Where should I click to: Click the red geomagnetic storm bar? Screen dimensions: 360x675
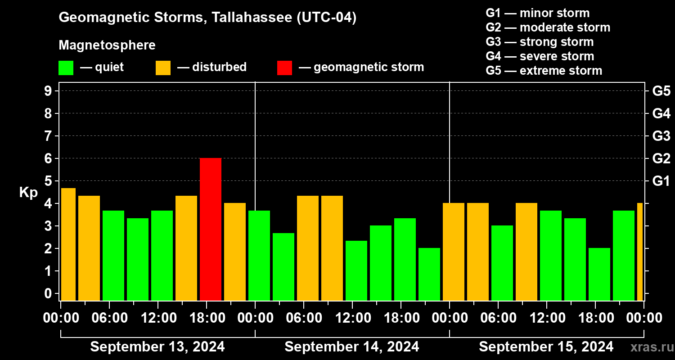point(211,229)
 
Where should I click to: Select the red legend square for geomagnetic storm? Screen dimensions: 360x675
point(284,67)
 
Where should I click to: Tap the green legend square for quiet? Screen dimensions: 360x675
point(66,67)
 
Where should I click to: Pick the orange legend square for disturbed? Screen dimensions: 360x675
point(163,67)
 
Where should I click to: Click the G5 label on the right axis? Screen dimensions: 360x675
point(661,91)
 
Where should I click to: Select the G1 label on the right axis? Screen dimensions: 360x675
point(661,181)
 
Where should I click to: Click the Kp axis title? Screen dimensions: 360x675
point(28,193)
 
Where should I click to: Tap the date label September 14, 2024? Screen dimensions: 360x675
point(352,347)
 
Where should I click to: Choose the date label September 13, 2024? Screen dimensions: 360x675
point(157,347)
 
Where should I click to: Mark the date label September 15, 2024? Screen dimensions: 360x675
point(546,347)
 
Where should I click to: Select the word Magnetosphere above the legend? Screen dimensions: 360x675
point(107,45)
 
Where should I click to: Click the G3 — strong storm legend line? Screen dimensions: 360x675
point(540,42)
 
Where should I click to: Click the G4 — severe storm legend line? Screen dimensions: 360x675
point(540,56)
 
